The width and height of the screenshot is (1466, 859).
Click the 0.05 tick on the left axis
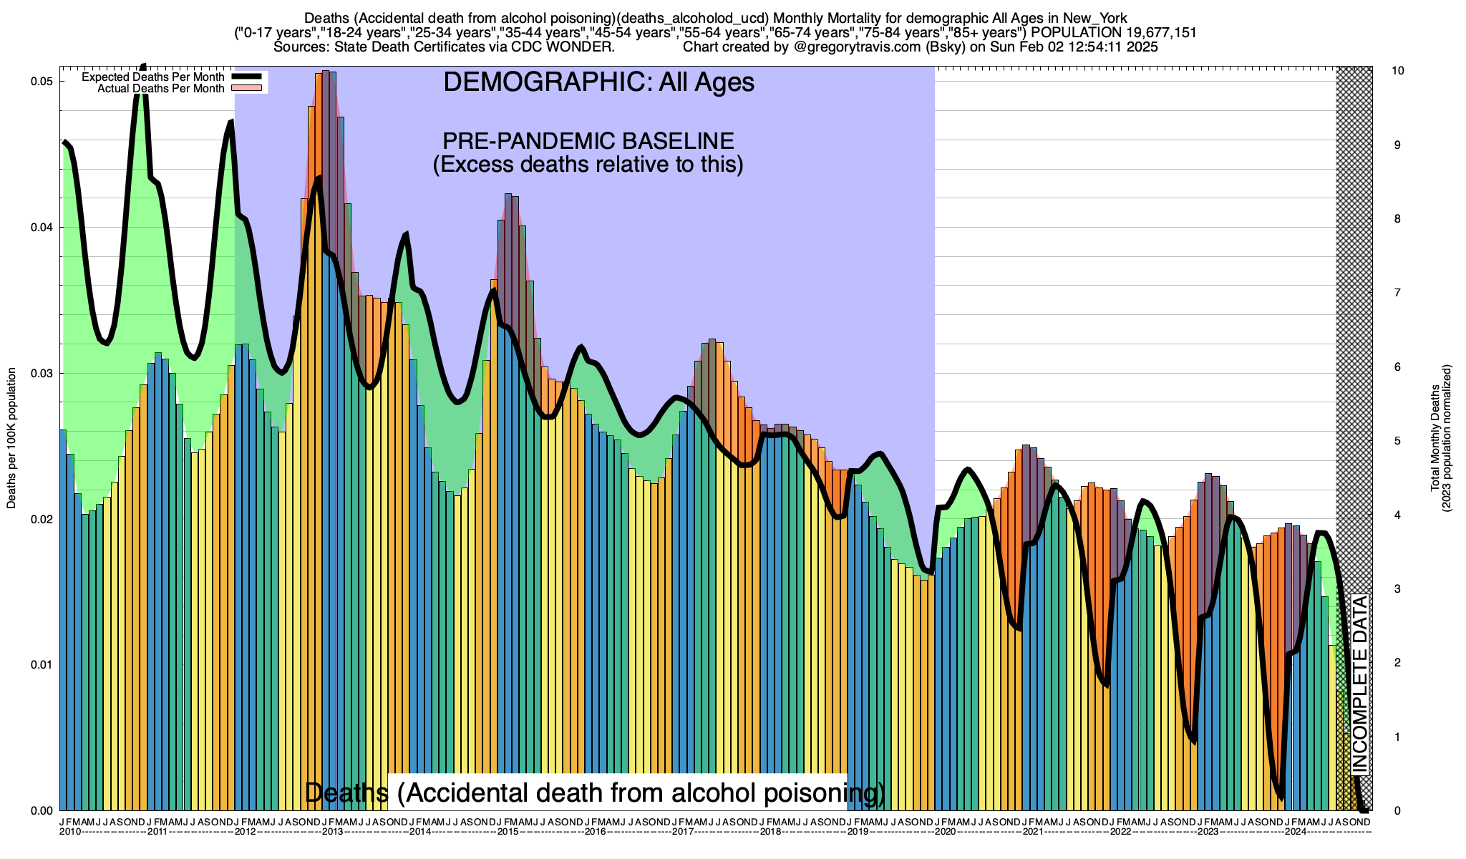[x=43, y=82]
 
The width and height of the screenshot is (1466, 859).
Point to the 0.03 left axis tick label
[x=43, y=374]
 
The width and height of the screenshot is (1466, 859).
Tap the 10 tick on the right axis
[x=1397, y=71]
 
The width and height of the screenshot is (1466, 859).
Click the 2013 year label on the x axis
[x=332, y=832]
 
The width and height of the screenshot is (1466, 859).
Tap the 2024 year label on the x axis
[x=1294, y=832]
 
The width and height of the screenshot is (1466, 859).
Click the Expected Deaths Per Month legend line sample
[x=245, y=77]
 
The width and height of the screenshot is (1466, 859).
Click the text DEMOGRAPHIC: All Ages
[x=598, y=82]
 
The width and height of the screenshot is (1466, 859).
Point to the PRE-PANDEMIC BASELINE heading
[x=588, y=141]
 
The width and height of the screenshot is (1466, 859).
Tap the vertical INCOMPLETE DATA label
[x=1359, y=684]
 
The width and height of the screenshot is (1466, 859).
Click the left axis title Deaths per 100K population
[x=11, y=438]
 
